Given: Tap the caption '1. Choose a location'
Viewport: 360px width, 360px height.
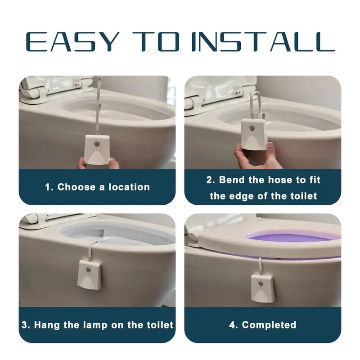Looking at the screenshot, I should tap(97, 187).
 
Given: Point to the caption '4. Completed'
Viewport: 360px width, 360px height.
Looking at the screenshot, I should tap(262, 324).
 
